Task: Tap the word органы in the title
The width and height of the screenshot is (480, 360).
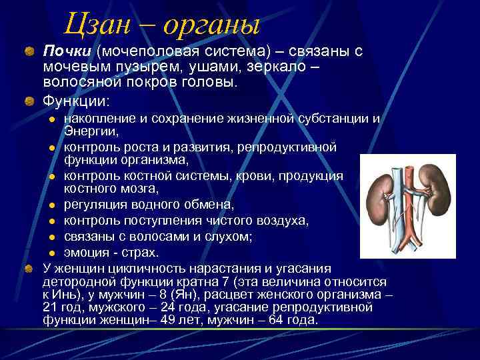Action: [x=209, y=25]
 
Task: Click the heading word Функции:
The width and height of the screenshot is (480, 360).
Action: [x=76, y=101]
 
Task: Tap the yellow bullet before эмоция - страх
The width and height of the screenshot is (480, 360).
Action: [x=53, y=253]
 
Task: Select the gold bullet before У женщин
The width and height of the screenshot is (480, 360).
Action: [x=29, y=269]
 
